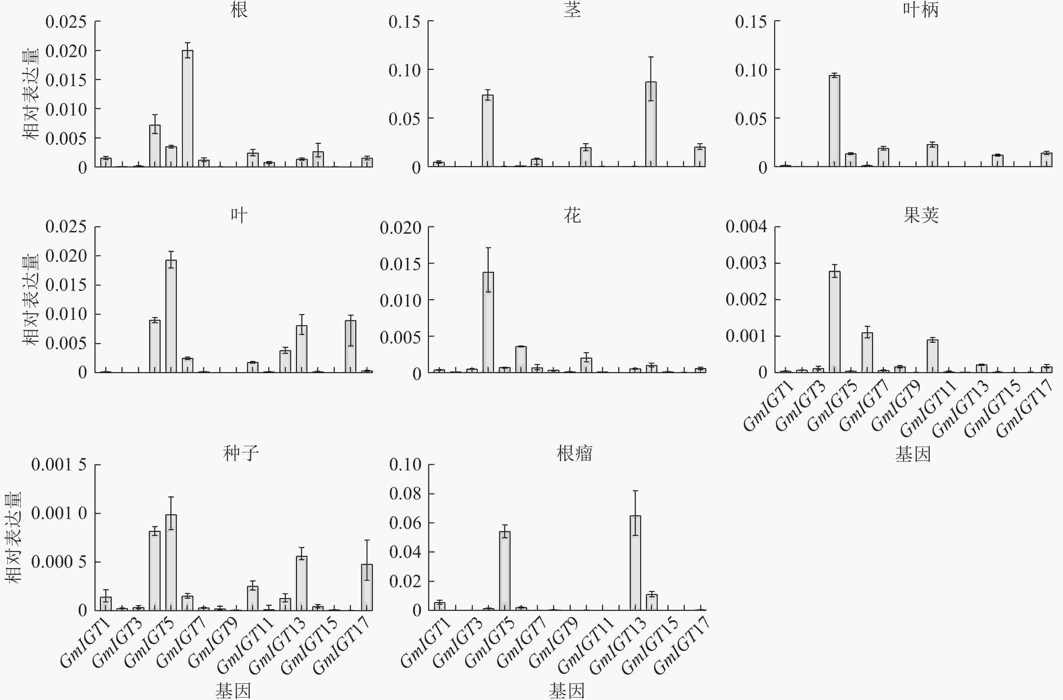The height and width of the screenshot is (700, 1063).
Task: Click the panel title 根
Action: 239,10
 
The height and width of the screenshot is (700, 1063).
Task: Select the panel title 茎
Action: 572,10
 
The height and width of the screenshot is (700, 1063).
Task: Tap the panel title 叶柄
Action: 921,10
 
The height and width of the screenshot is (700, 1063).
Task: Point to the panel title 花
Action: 572,215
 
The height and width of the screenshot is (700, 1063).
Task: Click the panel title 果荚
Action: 921,215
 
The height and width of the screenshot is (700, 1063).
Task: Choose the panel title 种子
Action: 241,453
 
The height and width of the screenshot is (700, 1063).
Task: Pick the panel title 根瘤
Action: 574,453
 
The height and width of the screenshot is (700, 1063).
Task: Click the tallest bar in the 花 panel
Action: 488,322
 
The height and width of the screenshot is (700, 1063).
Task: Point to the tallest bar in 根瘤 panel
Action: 635,563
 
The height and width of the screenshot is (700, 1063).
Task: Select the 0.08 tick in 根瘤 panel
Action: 405,493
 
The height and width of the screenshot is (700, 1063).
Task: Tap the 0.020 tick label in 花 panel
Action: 401,228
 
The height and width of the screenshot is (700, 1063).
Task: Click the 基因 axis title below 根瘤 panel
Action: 566,691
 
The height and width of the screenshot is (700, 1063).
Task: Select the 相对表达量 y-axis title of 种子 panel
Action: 13,538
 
